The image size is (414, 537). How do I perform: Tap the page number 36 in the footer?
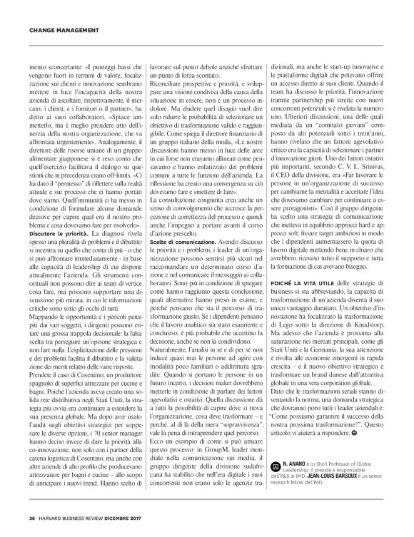point(32,518)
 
